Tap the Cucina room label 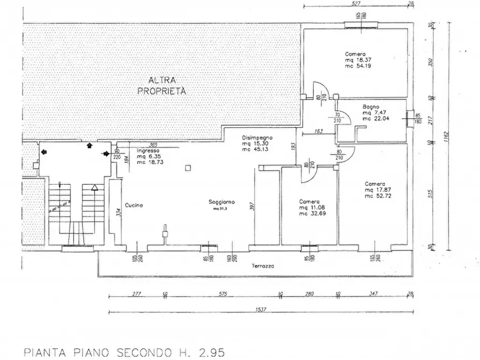[133, 205]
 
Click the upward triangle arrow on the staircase [94, 188]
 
